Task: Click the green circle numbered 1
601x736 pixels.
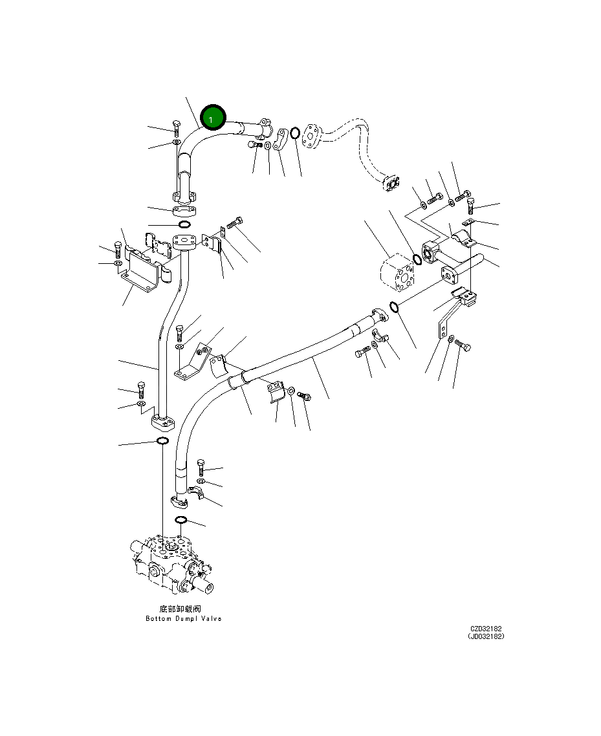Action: pos(213,118)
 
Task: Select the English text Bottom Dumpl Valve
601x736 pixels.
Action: pos(183,619)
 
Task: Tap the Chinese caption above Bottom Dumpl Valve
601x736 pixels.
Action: pos(180,609)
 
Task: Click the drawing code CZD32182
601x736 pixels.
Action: pos(486,628)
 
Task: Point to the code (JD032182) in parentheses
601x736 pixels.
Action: pos(486,636)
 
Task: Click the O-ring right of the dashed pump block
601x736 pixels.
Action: pos(417,260)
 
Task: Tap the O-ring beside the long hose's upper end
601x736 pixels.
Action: pos(394,306)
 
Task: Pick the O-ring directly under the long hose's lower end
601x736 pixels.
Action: pos(181,520)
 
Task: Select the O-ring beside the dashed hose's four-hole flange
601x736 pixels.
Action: pos(294,133)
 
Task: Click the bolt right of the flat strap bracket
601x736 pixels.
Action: pos(463,345)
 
